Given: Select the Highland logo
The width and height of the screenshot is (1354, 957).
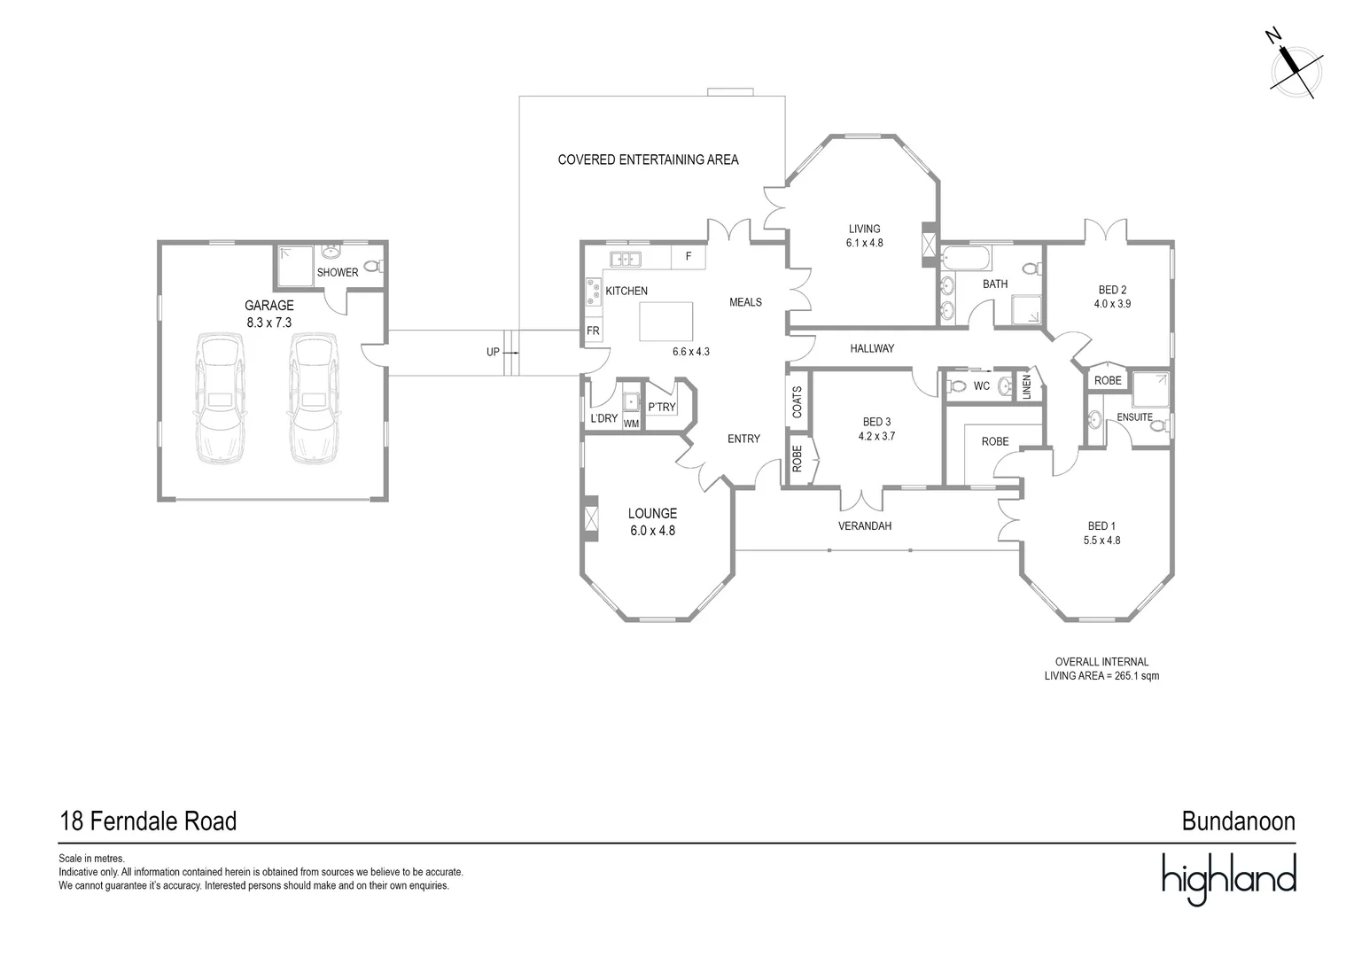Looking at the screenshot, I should click(1228, 876).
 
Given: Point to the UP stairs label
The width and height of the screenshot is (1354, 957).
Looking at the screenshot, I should click(493, 352).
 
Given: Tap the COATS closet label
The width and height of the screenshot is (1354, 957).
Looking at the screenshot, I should click(797, 401).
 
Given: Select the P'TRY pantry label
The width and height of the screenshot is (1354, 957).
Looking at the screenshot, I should click(661, 408).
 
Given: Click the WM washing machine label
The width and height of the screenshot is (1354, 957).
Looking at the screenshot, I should click(631, 424).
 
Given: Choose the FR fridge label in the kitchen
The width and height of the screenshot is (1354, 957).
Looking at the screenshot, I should click(593, 331).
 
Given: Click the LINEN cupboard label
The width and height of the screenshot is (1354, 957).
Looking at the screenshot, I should click(1026, 386).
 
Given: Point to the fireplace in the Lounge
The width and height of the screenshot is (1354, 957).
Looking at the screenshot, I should click(590, 517).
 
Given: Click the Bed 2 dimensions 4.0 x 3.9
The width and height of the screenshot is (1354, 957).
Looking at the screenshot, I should click(1112, 304).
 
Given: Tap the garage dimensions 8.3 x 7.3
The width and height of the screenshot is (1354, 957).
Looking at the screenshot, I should click(268, 323).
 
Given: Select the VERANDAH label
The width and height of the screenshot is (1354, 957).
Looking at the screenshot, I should click(865, 526).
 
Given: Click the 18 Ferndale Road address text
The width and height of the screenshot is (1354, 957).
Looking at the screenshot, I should click(148, 821).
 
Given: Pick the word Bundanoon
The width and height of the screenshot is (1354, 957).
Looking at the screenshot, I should click(1238, 821).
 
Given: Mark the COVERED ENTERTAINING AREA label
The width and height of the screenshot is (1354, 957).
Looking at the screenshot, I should click(648, 160).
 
